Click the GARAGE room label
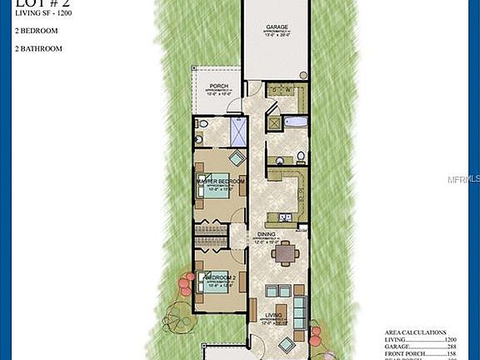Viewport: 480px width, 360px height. (x=276, y=27)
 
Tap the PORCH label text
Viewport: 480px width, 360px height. (x=219, y=86)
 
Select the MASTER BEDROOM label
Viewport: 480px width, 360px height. (x=220, y=181)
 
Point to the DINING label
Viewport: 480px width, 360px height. (x=267, y=235)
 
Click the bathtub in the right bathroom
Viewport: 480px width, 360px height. (x=296, y=122)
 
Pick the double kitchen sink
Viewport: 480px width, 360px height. (x=286, y=218)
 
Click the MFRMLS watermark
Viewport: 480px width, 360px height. (x=463, y=179)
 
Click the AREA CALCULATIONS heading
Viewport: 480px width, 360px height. (x=415, y=332)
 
